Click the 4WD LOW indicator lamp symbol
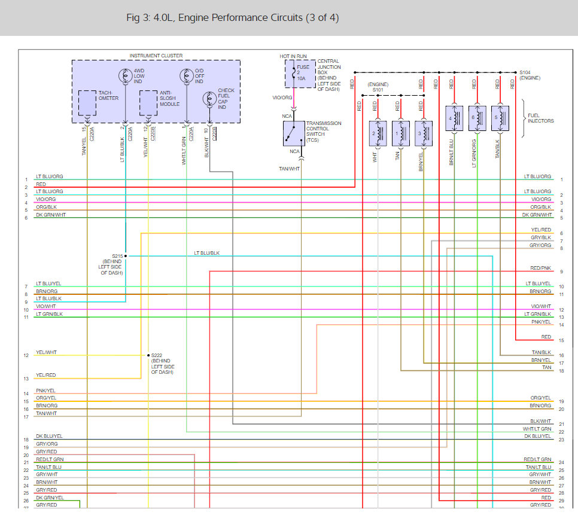coord(126,75)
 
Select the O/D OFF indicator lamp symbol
coord(186,75)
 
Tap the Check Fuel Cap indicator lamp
coord(209,99)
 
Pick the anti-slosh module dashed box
coord(148,102)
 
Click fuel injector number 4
coord(455,118)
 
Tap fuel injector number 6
coord(477,118)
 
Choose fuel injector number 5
coord(500,118)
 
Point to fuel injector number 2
coord(378,133)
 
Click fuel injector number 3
coord(424,133)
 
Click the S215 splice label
coord(117,256)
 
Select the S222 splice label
coord(157,355)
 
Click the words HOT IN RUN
coord(293,56)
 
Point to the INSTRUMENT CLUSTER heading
coord(156,56)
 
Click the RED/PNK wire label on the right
coord(540,269)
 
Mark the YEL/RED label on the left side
coord(46,375)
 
